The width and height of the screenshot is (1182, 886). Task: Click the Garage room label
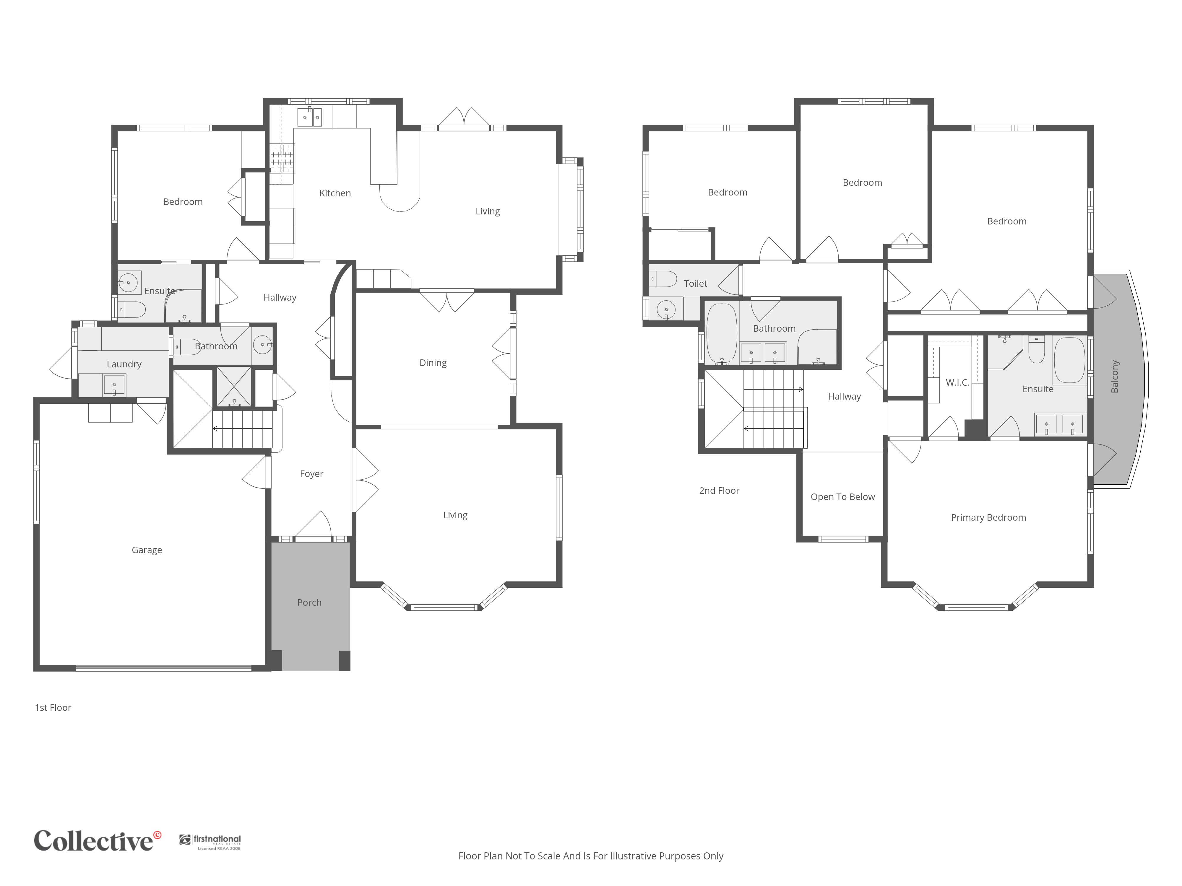point(147,550)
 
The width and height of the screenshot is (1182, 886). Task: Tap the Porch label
point(309,602)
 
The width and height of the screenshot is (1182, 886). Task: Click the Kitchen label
point(335,193)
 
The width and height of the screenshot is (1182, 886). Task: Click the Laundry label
point(124,364)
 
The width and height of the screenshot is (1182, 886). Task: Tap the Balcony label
point(1115,377)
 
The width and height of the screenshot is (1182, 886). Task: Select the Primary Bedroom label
point(988,517)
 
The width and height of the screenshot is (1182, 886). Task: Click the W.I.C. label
point(958,382)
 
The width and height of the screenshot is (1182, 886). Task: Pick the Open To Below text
point(843,497)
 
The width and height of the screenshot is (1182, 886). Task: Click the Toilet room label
point(695,284)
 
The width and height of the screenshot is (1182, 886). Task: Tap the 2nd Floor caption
point(719,491)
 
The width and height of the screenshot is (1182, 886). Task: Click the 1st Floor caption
point(53,708)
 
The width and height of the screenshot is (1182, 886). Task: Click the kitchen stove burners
point(282,158)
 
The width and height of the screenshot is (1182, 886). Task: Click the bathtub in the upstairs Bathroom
point(722,334)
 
